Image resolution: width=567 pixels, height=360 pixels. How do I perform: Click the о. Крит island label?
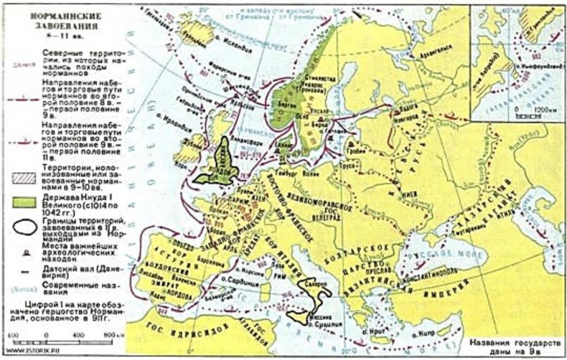click(372, 332)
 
